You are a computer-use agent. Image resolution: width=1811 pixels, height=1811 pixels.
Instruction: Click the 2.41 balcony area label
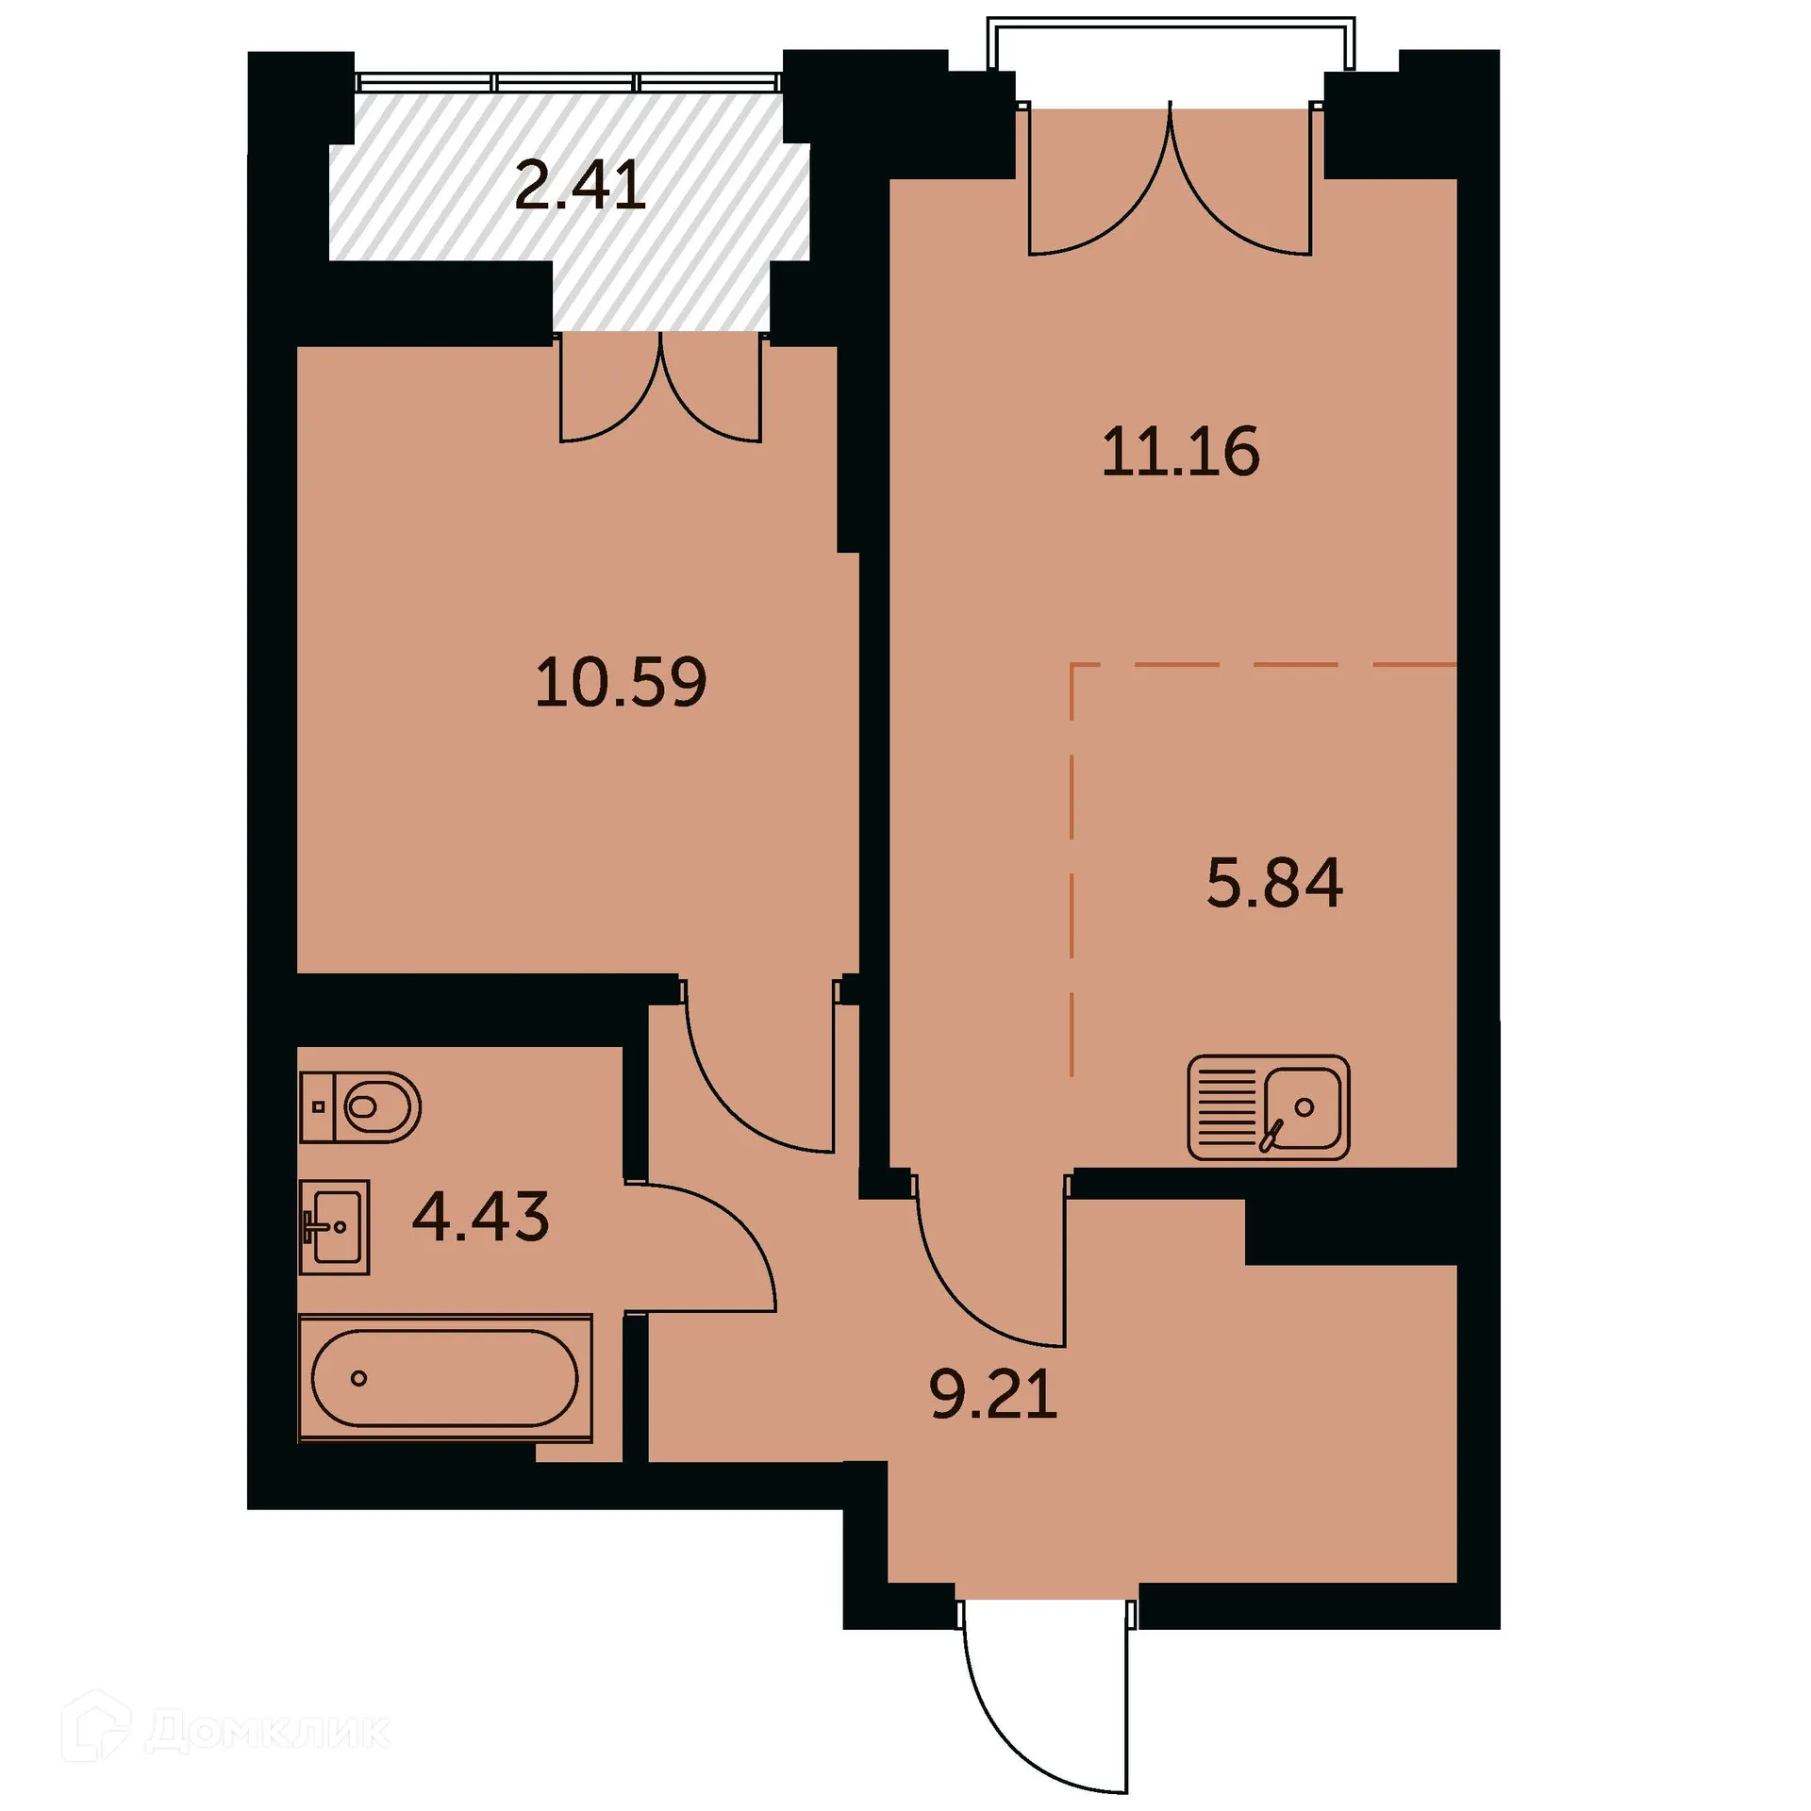click(x=580, y=186)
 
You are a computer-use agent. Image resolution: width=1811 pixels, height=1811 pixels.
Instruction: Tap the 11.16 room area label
click(x=1180, y=452)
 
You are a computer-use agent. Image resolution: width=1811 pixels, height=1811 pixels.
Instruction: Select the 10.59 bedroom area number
click(x=621, y=683)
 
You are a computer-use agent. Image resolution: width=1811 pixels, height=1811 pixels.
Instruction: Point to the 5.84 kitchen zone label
click(x=1274, y=884)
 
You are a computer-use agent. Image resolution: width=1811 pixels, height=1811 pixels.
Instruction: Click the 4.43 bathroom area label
click(x=481, y=1217)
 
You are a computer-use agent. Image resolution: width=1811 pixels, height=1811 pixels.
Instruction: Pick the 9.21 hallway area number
click(x=993, y=1395)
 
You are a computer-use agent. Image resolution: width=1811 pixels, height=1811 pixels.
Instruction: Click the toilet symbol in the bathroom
click(x=361, y=1106)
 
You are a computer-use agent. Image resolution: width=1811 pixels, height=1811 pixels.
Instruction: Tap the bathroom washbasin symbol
click(x=334, y=1226)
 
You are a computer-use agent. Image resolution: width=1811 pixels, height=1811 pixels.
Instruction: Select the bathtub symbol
click(x=445, y=1378)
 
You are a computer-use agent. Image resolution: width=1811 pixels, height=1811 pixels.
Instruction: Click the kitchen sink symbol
click(x=1269, y=1107)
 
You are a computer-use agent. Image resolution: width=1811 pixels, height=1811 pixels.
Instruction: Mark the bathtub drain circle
click(x=358, y=1378)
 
